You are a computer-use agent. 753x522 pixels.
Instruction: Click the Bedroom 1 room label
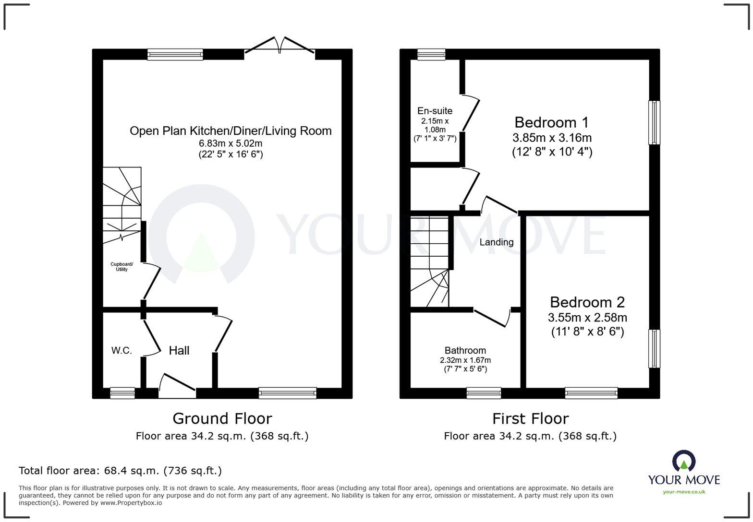tap(551, 122)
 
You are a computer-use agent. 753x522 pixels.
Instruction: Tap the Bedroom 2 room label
tap(587, 302)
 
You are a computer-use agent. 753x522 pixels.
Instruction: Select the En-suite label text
tap(435, 111)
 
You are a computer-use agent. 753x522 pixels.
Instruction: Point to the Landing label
tap(496, 242)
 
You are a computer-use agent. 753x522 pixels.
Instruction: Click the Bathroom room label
tap(465, 350)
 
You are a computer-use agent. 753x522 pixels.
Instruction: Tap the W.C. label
tap(121, 351)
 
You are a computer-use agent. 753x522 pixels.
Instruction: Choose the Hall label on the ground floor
tap(179, 351)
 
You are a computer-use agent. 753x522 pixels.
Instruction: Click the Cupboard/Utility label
tap(121, 267)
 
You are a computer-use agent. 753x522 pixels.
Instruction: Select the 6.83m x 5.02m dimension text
tap(231, 143)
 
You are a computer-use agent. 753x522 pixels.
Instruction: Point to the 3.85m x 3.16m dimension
tap(552, 138)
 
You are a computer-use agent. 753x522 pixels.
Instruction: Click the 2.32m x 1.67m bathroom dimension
tap(465, 360)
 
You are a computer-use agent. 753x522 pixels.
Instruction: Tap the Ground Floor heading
tap(222, 418)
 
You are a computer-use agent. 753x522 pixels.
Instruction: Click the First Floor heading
tap(530, 418)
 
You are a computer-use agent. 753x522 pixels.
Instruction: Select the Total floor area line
tap(120, 471)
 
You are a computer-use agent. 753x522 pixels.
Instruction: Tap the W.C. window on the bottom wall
tap(122, 393)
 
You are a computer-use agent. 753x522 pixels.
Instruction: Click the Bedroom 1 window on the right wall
tap(654, 122)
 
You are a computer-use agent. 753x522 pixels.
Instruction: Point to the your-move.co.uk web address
tap(684, 491)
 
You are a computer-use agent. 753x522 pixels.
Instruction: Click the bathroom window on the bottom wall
tap(484, 393)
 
